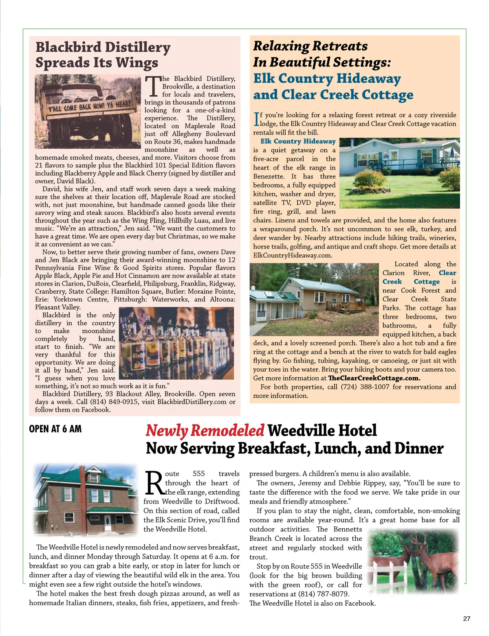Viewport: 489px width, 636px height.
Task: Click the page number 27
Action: coord(467,618)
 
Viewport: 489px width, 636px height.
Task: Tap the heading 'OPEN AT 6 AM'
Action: coord(55,429)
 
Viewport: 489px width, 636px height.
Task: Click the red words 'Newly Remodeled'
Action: coord(205,430)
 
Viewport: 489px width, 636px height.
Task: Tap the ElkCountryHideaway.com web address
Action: coord(292,255)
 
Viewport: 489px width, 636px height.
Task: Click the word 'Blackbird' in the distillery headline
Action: coord(68,47)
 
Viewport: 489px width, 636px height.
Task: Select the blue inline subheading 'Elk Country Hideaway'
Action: coord(298,141)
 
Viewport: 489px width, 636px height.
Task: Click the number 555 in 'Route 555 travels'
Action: coord(198,473)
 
